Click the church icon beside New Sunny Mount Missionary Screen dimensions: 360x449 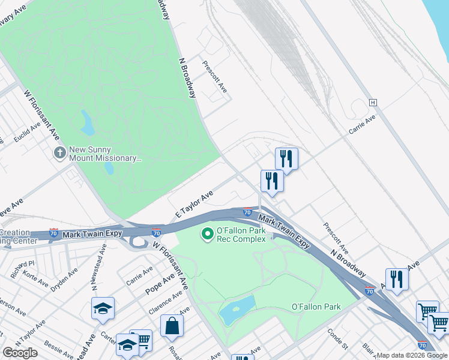point(59,153)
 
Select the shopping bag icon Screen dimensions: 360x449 point(172,326)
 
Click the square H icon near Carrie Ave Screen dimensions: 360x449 point(373,103)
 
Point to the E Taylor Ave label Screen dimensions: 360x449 point(194,205)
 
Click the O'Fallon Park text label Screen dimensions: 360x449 point(316,307)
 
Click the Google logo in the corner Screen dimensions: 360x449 point(20,353)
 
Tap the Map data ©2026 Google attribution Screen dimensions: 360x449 point(412,355)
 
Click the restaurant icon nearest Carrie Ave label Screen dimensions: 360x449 point(286,159)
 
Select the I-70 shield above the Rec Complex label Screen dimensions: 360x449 point(247,211)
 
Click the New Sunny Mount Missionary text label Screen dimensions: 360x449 point(106,154)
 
